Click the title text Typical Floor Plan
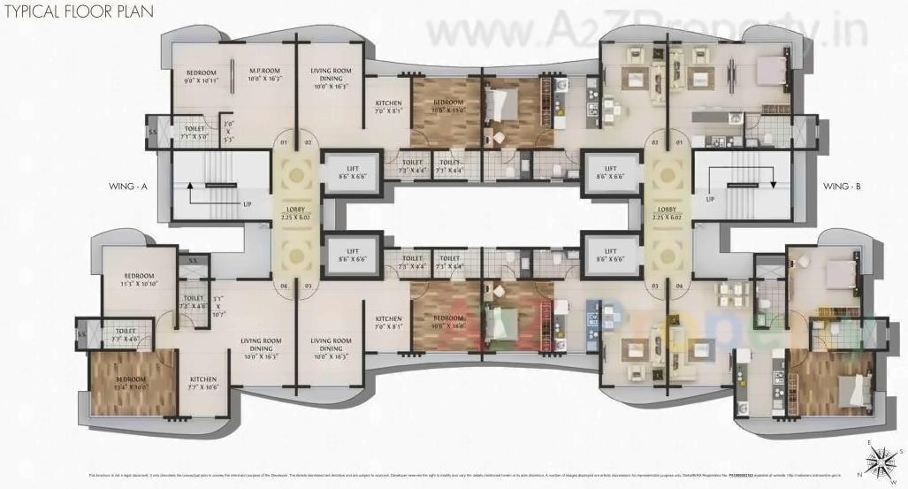pyautogui.click(x=77, y=12)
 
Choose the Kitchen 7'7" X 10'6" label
pyautogui.click(x=202, y=383)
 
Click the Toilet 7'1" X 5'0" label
pyautogui.click(x=194, y=133)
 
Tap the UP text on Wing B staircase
pyautogui.click(x=710, y=199)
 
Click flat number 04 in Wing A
pyautogui.click(x=285, y=287)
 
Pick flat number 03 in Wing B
pyautogui.click(x=655, y=287)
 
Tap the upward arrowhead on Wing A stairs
pyautogui.click(x=188, y=186)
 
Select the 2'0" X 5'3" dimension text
pyautogui.click(x=227, y=132)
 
